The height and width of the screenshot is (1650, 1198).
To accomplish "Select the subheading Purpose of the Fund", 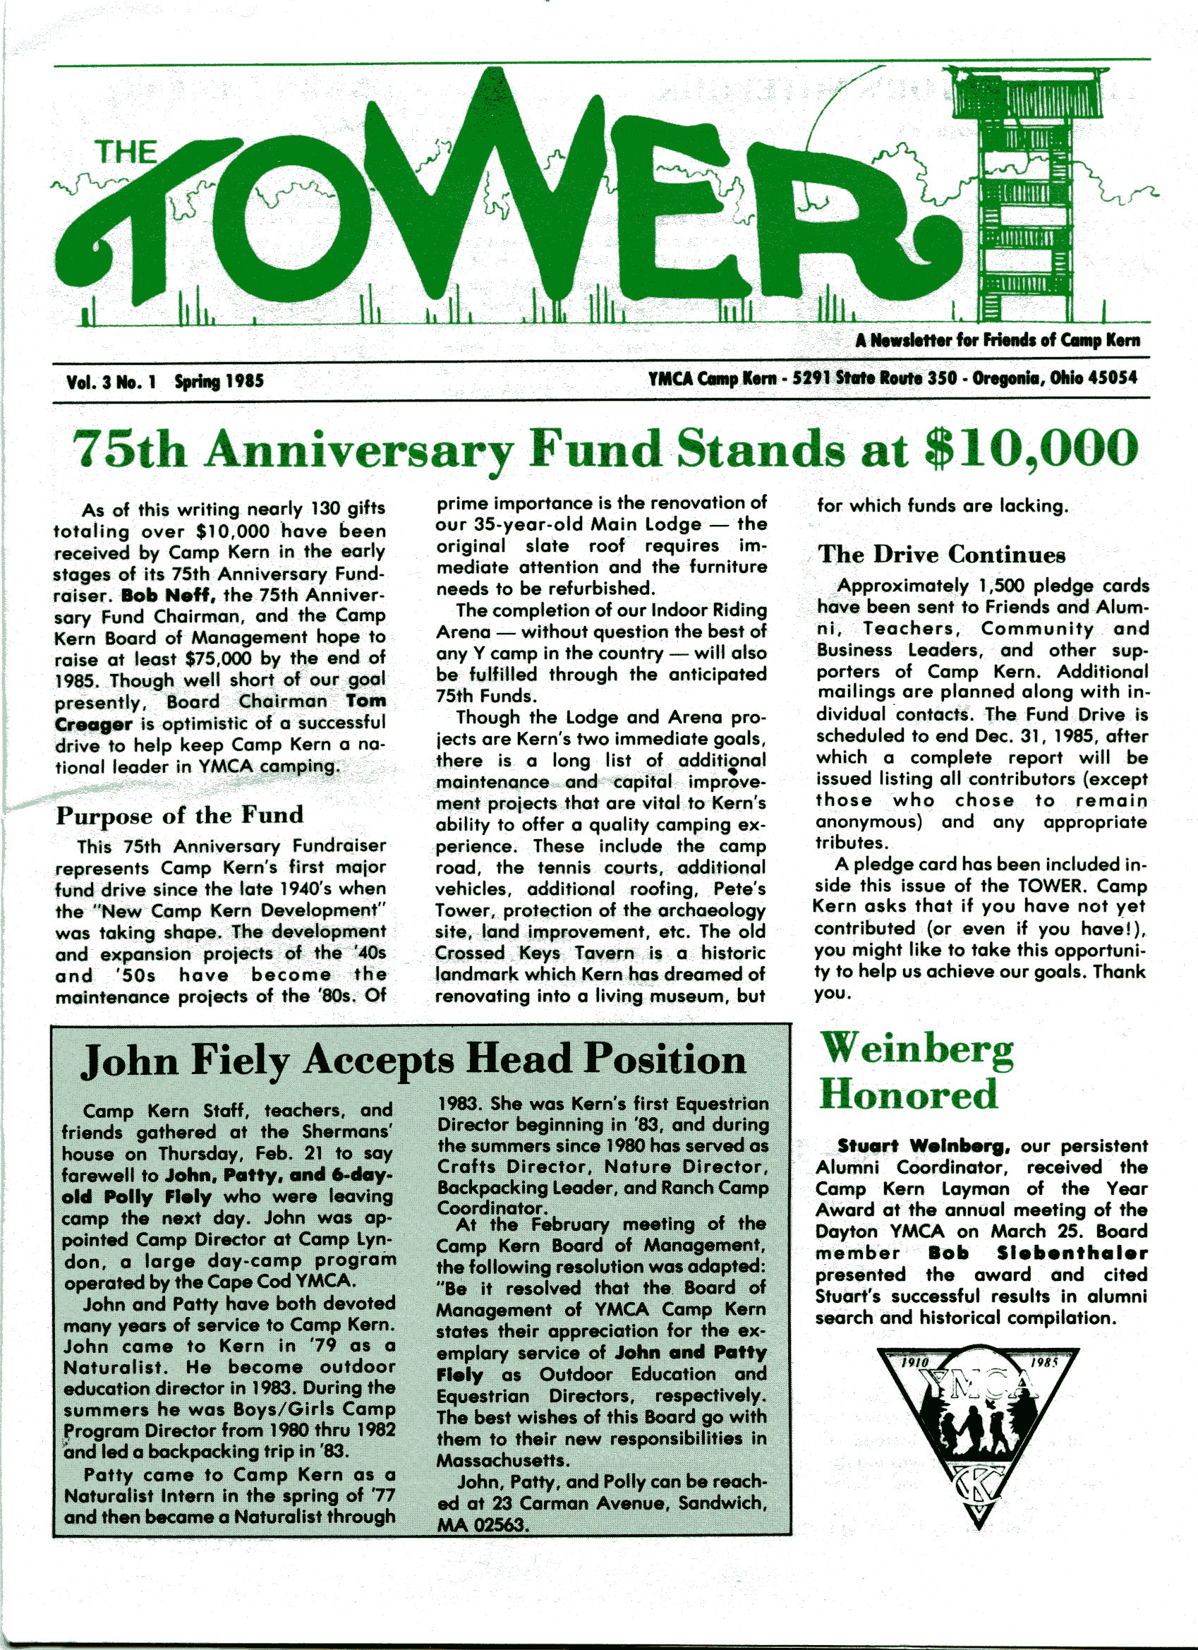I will coord(180,815).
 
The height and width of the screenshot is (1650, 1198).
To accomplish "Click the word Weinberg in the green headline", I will coord(916,1050).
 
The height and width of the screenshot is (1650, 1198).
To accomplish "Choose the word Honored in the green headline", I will coord(908,1095).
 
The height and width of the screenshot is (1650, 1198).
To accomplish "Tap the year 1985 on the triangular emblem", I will coord(1044,1363).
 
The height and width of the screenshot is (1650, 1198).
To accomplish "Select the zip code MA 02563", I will coord(480,1524).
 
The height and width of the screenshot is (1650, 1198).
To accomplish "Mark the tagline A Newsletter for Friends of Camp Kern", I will coord(997,339).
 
